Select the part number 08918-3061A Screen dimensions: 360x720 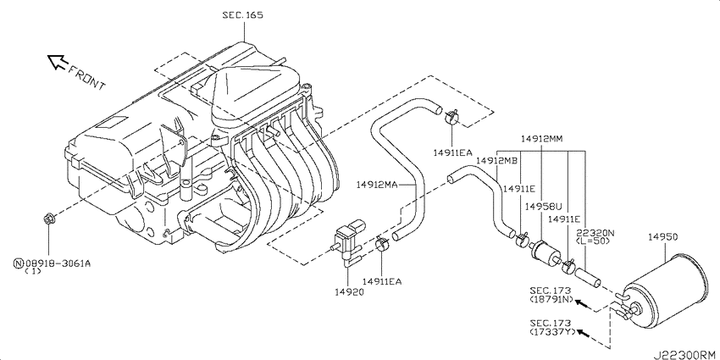tap(58, 263)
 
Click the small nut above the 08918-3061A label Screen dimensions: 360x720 tap(48, 221)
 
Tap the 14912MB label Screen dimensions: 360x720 tap(496, 161)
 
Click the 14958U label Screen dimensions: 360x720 tap(542, 206)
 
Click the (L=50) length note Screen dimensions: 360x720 tap(595, 241)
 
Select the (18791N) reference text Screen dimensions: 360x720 tap(551, 300)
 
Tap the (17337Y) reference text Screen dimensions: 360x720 tap(551, 334)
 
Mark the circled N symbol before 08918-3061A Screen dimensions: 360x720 tap(18, 263)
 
